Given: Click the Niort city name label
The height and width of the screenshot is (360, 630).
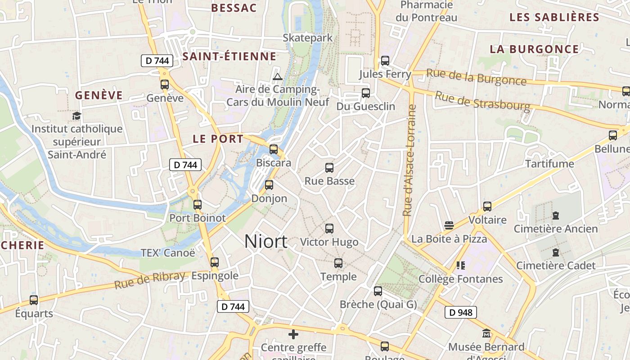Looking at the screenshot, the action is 265,242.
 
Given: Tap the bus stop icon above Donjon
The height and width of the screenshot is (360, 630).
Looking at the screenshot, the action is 269,184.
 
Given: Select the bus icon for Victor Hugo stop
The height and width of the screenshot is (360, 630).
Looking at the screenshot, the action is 329,229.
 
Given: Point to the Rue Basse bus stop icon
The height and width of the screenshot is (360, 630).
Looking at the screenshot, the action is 329,168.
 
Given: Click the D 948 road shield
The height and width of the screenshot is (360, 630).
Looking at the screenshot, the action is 460,312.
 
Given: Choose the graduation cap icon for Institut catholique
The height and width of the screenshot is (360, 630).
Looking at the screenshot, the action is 76,116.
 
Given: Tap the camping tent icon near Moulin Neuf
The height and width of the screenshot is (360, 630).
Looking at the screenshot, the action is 278,76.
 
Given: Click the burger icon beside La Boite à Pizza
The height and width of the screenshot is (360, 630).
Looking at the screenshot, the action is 449,225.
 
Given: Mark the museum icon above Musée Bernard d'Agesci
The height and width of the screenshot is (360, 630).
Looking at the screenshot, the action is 486,334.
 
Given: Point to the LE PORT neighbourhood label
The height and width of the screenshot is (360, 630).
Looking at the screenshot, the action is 218,139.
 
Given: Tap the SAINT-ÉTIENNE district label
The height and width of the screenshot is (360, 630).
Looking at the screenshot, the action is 229,57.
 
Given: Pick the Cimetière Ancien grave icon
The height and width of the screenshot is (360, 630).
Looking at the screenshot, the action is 556,216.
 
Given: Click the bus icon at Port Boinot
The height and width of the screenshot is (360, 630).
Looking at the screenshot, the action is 197,205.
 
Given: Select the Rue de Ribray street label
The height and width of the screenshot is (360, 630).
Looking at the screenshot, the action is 149,280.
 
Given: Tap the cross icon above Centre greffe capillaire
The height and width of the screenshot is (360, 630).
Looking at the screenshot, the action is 293,334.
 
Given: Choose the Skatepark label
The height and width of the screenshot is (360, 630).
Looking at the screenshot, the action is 308,38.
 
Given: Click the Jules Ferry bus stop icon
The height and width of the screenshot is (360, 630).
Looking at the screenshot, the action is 385,60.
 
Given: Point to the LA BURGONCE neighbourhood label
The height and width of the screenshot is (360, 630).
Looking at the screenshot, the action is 534,49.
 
